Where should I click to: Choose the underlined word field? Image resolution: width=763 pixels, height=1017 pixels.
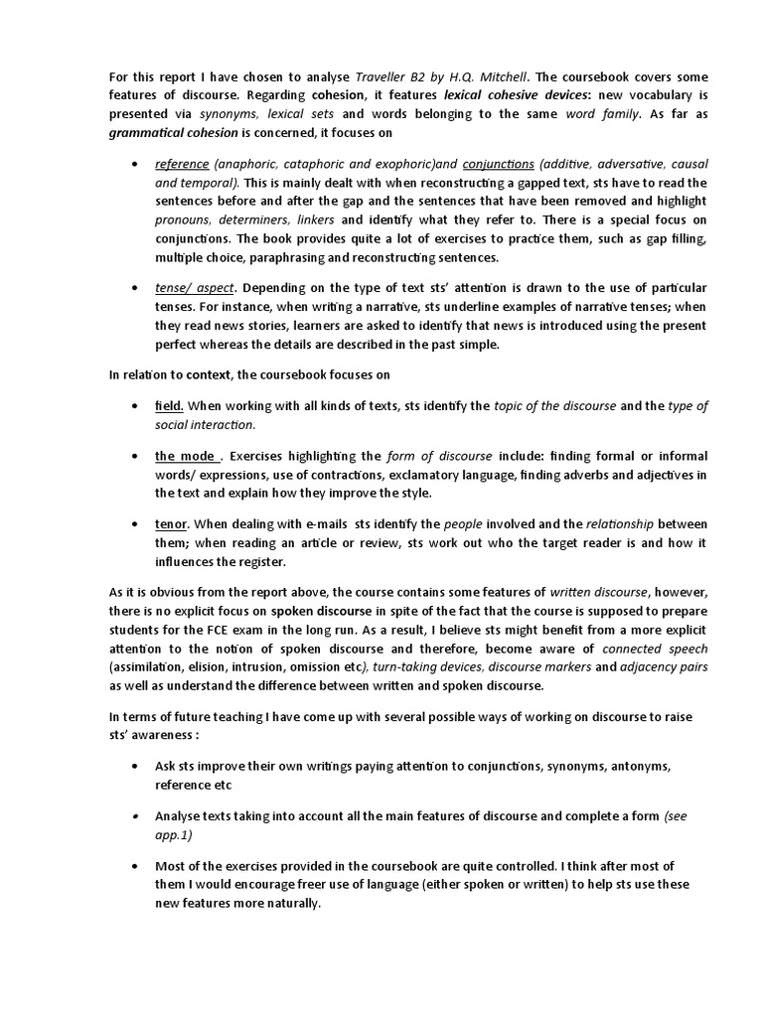coord(168,406)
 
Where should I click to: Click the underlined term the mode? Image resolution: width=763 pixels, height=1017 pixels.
coord(185,456)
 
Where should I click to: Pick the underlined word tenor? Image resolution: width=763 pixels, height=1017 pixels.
coord(171,523)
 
